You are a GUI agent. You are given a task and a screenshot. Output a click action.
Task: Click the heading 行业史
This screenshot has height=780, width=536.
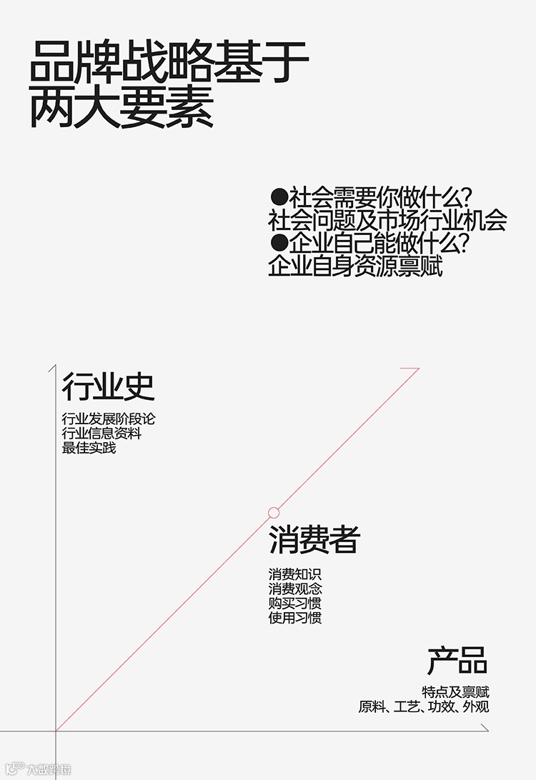click(x=108, y=386)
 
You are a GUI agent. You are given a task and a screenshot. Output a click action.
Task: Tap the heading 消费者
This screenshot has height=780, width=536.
click(x=314, y=540)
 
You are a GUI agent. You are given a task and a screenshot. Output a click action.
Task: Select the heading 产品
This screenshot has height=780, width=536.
click(x=457, y=661)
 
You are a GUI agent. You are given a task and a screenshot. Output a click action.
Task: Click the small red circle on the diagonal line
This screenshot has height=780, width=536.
click(x=274, y=512)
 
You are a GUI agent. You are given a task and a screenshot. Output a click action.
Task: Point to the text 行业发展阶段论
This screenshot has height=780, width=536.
click(x=108, y=419)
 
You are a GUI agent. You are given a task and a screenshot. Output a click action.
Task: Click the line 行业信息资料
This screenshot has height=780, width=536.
click(x=101, y=434)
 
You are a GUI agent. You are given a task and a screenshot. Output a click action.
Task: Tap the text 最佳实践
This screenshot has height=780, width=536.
click(x=89, y=449)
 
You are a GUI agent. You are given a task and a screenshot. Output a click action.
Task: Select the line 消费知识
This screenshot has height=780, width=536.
click(x=295, y=574)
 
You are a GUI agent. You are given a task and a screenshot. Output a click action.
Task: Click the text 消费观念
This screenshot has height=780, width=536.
click(x=295, y=589)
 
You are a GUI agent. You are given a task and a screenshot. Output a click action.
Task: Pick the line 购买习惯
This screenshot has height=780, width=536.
click(x=295, y=604)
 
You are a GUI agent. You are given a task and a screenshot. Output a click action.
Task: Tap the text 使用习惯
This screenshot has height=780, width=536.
click(x=295, y=618)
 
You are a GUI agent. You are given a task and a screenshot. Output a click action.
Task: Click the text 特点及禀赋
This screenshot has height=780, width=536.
click(x=455, y=692)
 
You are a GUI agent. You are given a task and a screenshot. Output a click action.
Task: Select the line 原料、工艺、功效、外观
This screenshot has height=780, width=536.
click(x=424, y=707)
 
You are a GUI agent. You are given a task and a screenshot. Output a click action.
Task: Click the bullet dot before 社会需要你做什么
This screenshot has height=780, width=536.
click(x=279, y=196)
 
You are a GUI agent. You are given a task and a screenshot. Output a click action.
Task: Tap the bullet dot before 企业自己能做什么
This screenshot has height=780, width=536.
click(x=279, y=244)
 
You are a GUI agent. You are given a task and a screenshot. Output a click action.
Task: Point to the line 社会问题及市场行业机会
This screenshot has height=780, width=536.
click(x=387, y=220)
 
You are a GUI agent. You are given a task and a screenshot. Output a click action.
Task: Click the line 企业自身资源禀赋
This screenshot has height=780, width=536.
click(x=355, y=266)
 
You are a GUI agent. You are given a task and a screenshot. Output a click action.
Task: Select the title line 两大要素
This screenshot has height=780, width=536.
click(x=121, y=109)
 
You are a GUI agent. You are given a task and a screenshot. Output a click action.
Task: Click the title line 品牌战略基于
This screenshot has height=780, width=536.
click(x=169, y=64)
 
